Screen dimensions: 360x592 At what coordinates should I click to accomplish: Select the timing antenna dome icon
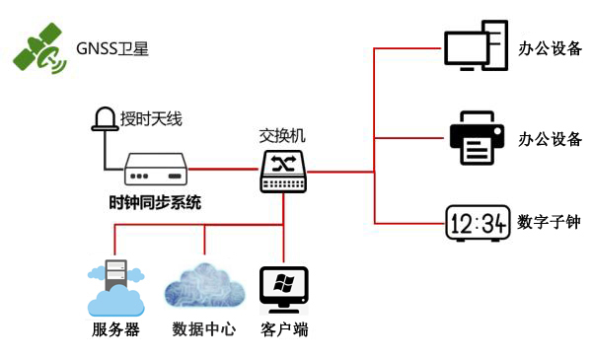click(103, 119)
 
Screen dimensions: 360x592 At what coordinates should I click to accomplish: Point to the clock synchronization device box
click(155, 170)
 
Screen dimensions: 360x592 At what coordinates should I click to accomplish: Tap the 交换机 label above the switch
click(284, 136)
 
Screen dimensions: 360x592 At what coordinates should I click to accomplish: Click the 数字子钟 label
click(549, 223)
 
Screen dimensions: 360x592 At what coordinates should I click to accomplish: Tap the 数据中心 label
click(203, 329)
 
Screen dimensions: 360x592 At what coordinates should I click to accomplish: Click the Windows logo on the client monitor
click(284, 285)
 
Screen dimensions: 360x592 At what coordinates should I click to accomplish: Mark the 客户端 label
click(284, 329)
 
